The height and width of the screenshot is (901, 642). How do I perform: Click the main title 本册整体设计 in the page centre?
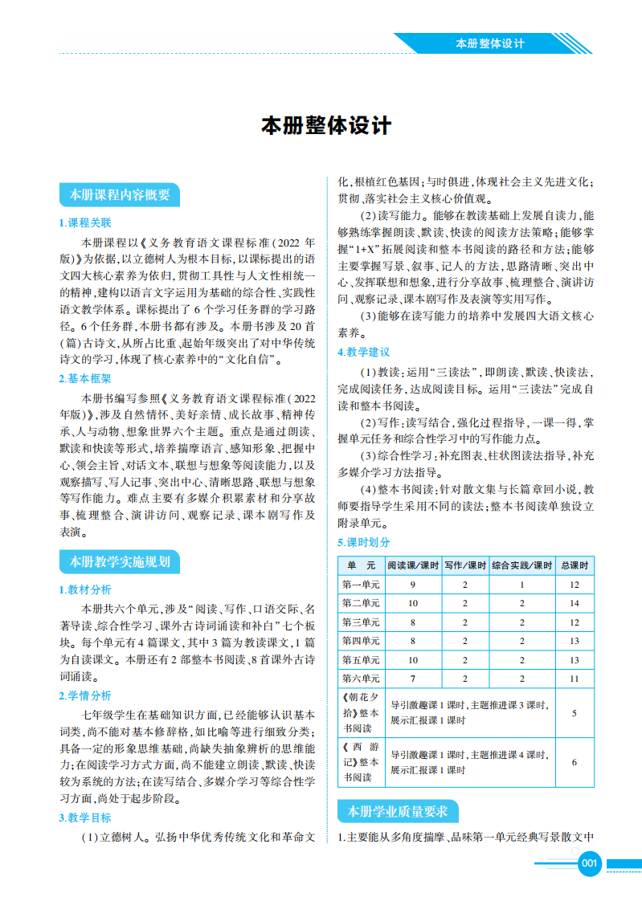point(326,126)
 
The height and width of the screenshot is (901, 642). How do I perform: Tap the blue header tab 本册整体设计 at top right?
point(489,43)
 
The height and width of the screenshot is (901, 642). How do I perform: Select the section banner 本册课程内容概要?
point(120,194)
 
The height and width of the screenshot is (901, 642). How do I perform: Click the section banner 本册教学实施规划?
point(120,562)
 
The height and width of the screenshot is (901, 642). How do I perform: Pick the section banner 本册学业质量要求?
point(398,812)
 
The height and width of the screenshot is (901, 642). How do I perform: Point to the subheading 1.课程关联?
point(85,222)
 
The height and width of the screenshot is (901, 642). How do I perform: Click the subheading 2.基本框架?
point(85,378)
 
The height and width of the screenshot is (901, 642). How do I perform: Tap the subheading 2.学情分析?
point(85,695)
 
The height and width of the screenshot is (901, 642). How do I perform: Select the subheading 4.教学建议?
point(364,353)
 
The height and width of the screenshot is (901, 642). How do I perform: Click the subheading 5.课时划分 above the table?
point(364,542)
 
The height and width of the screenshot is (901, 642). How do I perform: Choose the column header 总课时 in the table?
point(575,565)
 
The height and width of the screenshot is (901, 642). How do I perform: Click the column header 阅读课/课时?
point(413,565)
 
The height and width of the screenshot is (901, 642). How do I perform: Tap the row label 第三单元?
point(361,622)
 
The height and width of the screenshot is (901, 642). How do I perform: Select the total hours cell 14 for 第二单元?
point(575,603)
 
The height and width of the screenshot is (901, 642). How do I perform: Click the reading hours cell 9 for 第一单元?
point(413,585)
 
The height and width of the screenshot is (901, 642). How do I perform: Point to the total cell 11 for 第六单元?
point(575,679)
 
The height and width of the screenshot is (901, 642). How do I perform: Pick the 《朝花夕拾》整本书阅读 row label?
point(361,713)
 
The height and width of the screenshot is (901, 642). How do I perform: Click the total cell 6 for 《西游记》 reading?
point(575,762)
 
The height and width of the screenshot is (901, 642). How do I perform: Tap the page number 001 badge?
point(590,863)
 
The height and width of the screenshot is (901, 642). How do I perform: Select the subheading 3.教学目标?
point(85,817)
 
